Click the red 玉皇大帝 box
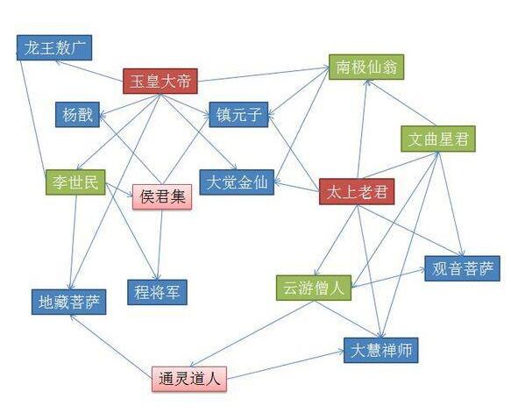(x=160, y=82)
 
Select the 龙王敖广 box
(x=54, y=48)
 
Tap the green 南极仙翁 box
(x=366, y=68)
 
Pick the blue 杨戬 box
(x=77, y=115)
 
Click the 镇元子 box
(x=238, y=115)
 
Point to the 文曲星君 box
(x=438, y=139)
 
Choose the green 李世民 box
(x=75, y=182)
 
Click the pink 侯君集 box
(x=162, y=197)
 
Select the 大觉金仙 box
(x=237, y=182)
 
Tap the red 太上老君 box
(x=357, y=192)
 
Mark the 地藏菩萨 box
(x=68, y=303)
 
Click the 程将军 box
(x=157, y=292)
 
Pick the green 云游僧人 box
(x=314, y=288)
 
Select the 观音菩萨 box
(x=462, y=268)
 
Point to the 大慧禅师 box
(x=381, y=350)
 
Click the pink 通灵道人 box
(x=189, y=379)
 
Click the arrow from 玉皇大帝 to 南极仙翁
(x=263, y=74)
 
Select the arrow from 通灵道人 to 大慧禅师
(x=286, y=365)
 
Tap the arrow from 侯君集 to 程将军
(x=160, y=245)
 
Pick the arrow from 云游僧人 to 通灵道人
(x=252, y=334)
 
